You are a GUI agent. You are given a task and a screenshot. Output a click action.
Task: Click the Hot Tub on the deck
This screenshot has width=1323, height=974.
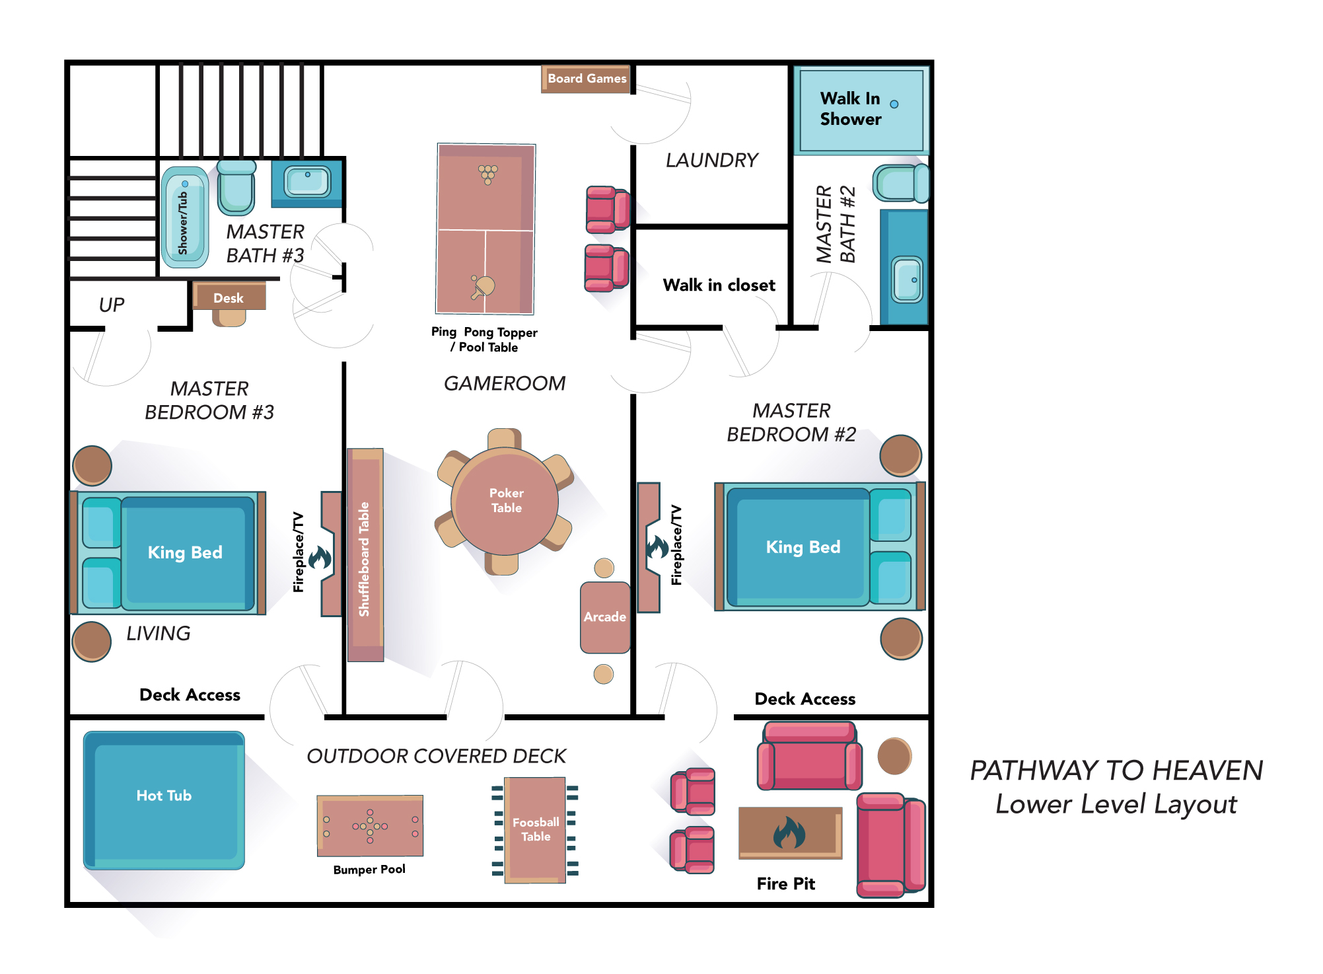click(x=164, y=800)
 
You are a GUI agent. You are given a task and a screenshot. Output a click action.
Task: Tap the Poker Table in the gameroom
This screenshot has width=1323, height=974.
click(x=505, y=501)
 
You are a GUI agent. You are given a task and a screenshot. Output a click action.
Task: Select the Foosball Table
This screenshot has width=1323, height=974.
click(x=535, y=830)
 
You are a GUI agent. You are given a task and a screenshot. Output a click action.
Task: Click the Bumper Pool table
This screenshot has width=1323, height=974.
click(x=370, y=826)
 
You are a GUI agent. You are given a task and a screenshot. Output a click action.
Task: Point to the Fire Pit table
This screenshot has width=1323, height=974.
click(x=791, y=833)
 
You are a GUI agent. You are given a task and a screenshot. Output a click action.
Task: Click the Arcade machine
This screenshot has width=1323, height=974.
click(x=605, y=617)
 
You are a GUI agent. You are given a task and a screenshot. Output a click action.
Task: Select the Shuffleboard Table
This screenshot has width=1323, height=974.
click(x=365, y=555)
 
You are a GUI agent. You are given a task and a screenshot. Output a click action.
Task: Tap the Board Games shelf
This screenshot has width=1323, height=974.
click(x=585, y=79)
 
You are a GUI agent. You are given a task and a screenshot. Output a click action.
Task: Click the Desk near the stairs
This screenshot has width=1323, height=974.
click(x=229, y=298)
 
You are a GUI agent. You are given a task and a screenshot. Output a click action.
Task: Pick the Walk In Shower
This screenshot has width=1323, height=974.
click(x=861, y=110)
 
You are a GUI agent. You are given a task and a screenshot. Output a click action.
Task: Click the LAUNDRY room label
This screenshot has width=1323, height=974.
click(x=711, y=160)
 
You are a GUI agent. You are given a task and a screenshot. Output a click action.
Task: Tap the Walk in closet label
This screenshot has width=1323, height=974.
click(x=719, y=285)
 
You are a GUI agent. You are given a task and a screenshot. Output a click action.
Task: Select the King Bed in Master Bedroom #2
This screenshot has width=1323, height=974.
click(x=820, y=546)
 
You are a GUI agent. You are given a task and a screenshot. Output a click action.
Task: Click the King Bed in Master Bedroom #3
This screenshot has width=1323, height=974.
click(x=168, y=552)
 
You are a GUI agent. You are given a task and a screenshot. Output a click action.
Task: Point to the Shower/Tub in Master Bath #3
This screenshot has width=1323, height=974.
click(x=185, y=217)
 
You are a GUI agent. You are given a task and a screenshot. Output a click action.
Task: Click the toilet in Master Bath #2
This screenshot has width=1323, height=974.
click(x=901, y=183)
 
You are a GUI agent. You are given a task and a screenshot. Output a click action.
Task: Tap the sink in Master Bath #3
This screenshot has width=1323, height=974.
click(x=307, y=181)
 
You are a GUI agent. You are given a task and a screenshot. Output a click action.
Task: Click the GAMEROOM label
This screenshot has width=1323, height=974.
click(x=505, y=383)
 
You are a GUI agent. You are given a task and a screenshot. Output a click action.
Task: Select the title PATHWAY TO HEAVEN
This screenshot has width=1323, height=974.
click(x=1116, y=770)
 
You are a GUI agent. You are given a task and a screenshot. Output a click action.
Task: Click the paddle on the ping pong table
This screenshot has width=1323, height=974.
click(x=483, y=287)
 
